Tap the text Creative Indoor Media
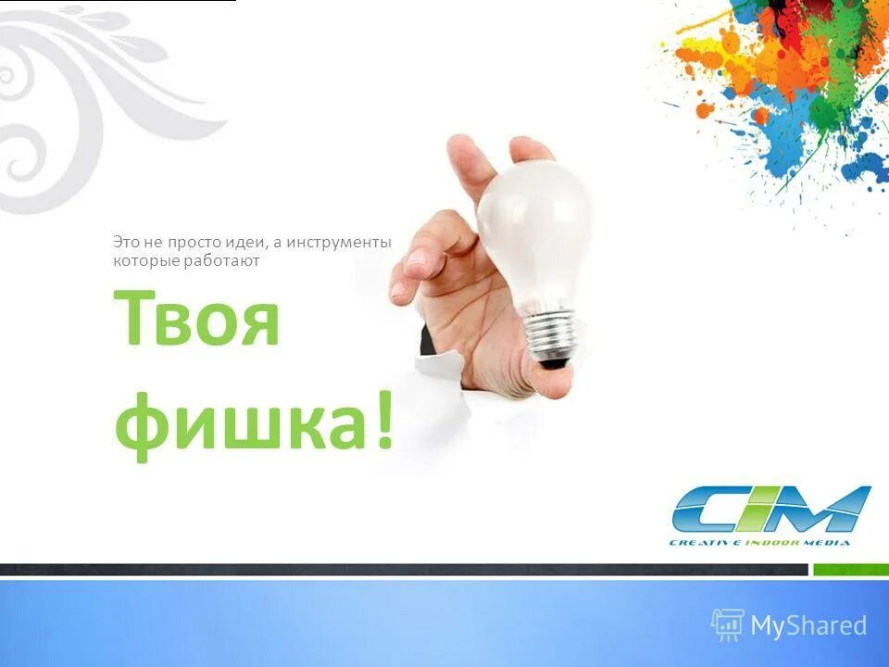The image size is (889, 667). (x=759, y=542)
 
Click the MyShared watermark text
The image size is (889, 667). (x=808, y=626)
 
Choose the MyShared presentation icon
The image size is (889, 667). (x=728, y=625)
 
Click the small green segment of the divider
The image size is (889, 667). (x=850, y=570)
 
